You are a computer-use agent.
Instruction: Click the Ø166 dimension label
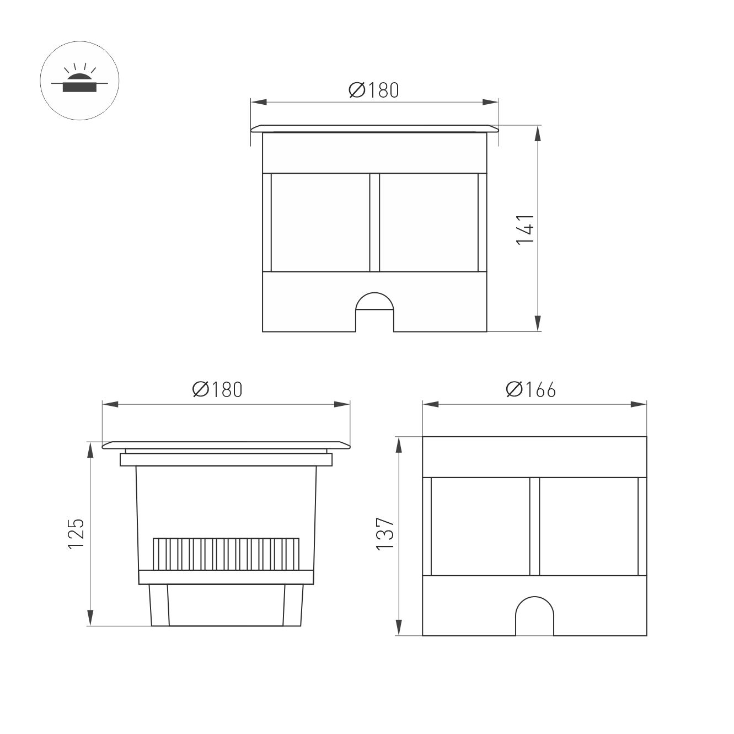pos(531,389)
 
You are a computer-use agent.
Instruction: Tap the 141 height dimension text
pos(525,229)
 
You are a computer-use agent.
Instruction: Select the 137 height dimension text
pos(385,533)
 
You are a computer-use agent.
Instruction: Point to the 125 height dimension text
pos(76,533)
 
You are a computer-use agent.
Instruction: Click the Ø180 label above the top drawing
pos(373,90)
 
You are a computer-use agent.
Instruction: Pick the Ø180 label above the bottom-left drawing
pos(217,389)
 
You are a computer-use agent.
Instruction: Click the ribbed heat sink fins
pos(227,554)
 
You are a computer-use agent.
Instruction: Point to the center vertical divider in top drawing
pos(374,223)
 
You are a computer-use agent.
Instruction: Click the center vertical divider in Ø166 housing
pos(534,526)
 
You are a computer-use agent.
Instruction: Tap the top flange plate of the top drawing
pos(374,128)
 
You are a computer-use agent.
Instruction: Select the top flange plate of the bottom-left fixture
pos(226,444)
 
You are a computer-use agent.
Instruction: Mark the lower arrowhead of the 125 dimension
pos(90,618)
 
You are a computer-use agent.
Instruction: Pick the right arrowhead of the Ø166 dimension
pos(639,404)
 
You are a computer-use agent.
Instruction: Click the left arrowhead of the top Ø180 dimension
pos(258,102)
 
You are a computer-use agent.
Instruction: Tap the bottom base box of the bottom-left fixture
pos(226,605)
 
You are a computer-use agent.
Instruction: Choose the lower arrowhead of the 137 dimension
pos(398,628)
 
